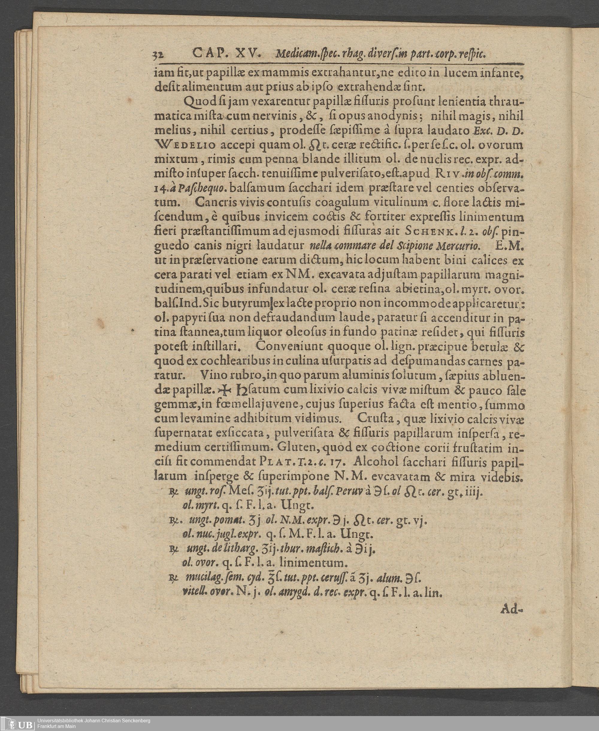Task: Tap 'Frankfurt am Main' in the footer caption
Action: click(x=57, y=726)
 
